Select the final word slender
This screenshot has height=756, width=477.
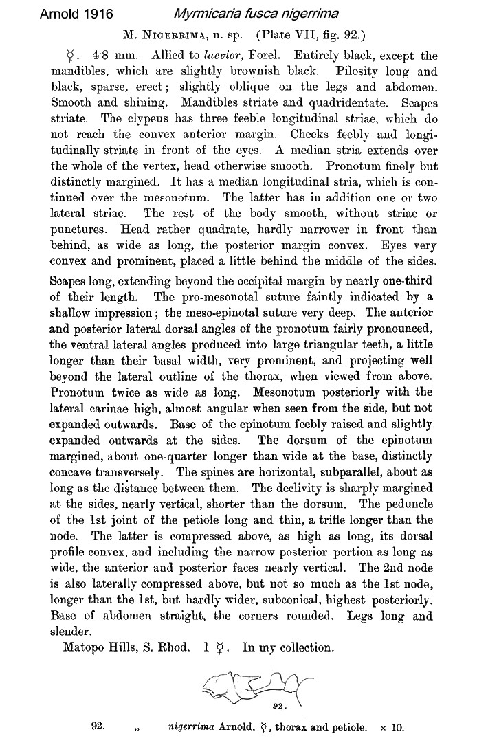coord(71,631)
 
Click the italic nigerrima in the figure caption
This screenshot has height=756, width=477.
coord(195,726)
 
